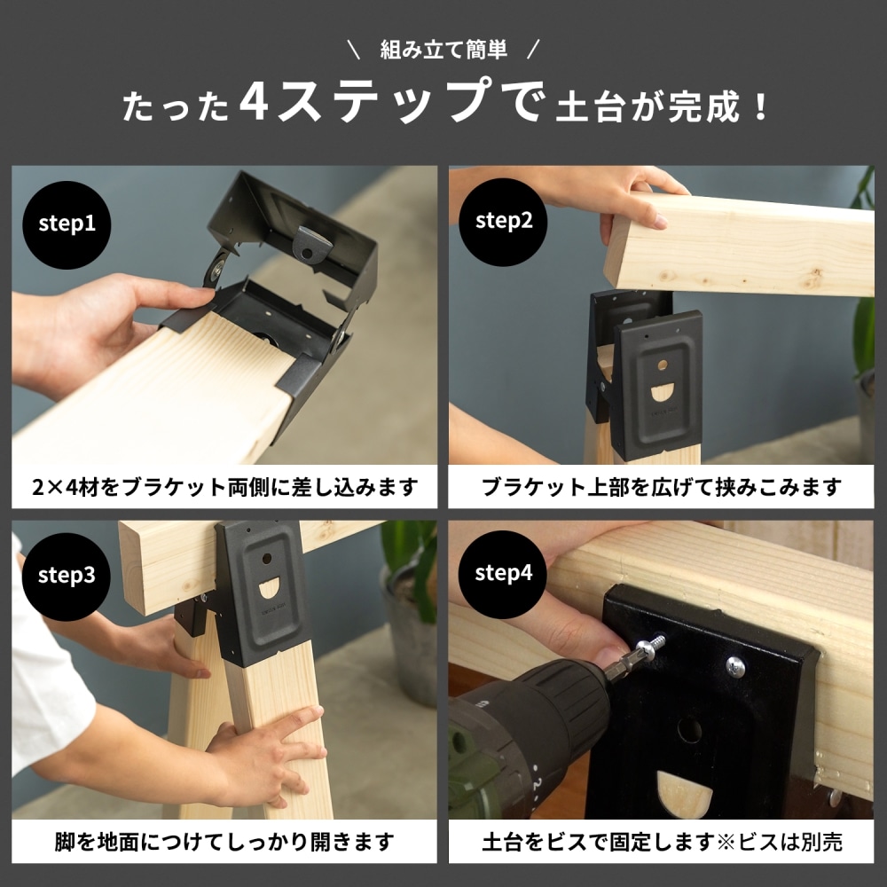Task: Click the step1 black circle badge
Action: [x=67, y=223]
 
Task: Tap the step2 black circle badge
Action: [x=504, y=222]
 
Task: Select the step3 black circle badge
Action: [x=67, y=575]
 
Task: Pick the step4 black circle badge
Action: [x=504, y=574]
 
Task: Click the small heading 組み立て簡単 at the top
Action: [x=443, y=50]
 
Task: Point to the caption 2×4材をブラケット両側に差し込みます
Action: [x=224, y=487]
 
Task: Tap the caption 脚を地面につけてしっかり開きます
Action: [x=224, y=841]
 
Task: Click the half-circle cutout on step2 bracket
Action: [x=663, y=394]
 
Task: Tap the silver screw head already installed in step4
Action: [x=735, y=667]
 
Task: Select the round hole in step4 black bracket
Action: [x=689, y=730]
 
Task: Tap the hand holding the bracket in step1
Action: [x=98, y=319]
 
